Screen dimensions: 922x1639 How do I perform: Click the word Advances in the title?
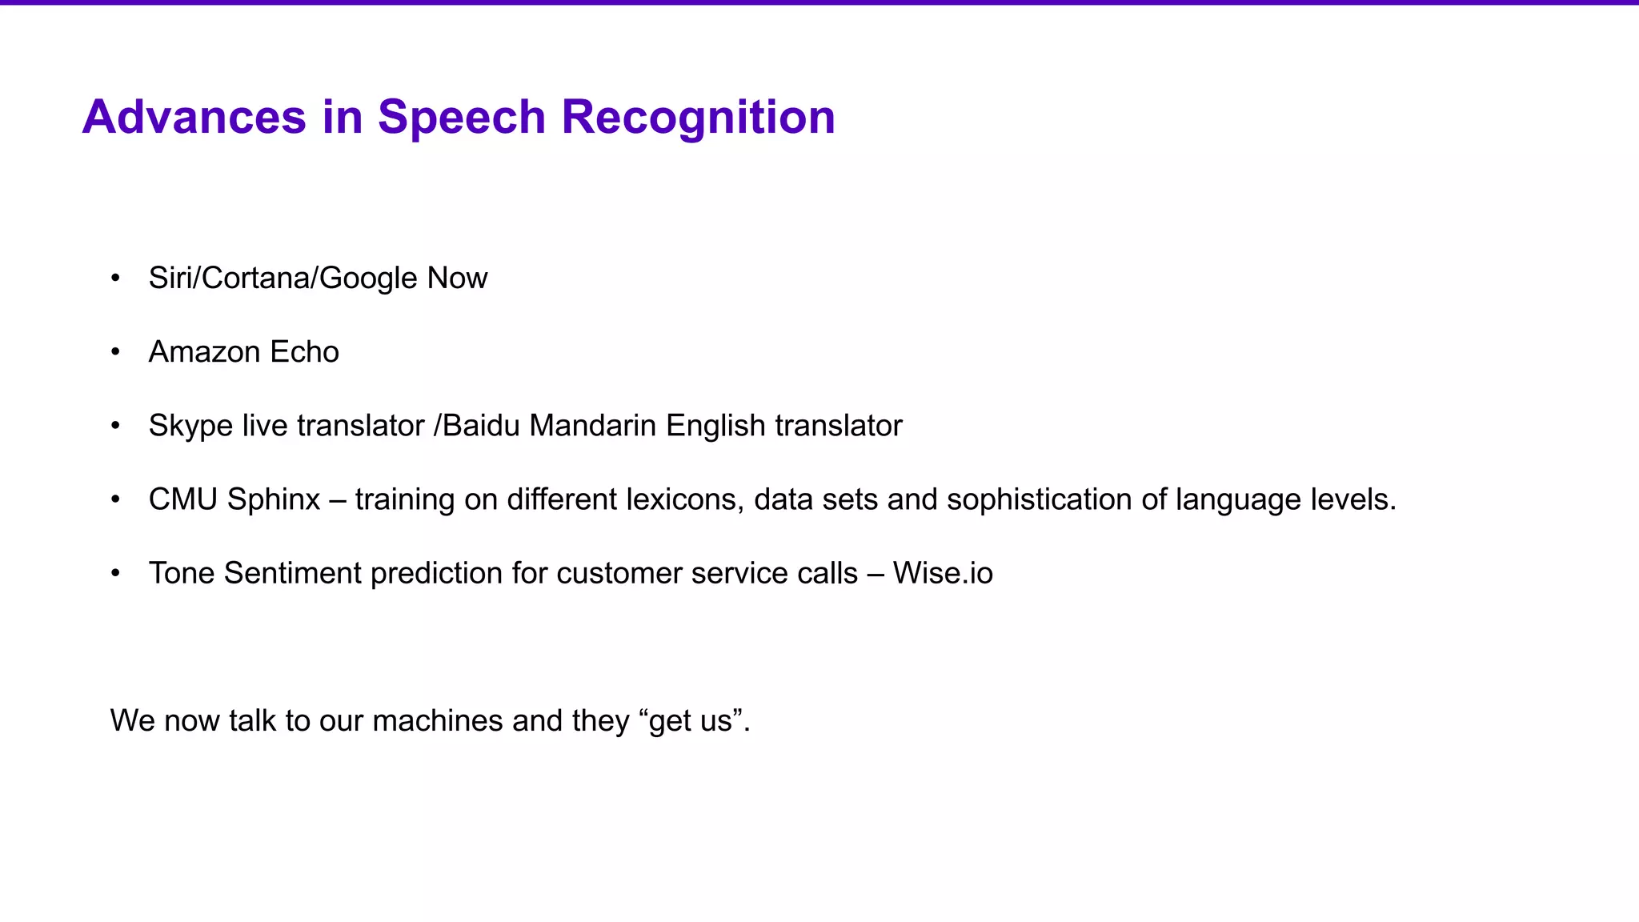point(194,117)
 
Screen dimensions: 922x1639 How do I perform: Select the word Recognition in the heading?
point(698,117)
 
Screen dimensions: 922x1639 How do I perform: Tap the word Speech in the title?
point(461,117)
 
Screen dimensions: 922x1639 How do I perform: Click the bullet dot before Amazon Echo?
point(115,352)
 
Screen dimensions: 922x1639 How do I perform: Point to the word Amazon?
point(203,352)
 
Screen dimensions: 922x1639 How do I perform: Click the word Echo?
point(304,352)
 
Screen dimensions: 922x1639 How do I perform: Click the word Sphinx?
point(273,499)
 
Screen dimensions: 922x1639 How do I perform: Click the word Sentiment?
point(292,573)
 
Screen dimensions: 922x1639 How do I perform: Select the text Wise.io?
point(943,573)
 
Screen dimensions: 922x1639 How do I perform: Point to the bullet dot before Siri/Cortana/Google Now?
point(115,279)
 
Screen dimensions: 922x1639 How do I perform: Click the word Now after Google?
point(457,279)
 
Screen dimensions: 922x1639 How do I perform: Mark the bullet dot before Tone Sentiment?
point(115,573)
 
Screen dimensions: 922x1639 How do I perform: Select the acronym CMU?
point(182,499)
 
